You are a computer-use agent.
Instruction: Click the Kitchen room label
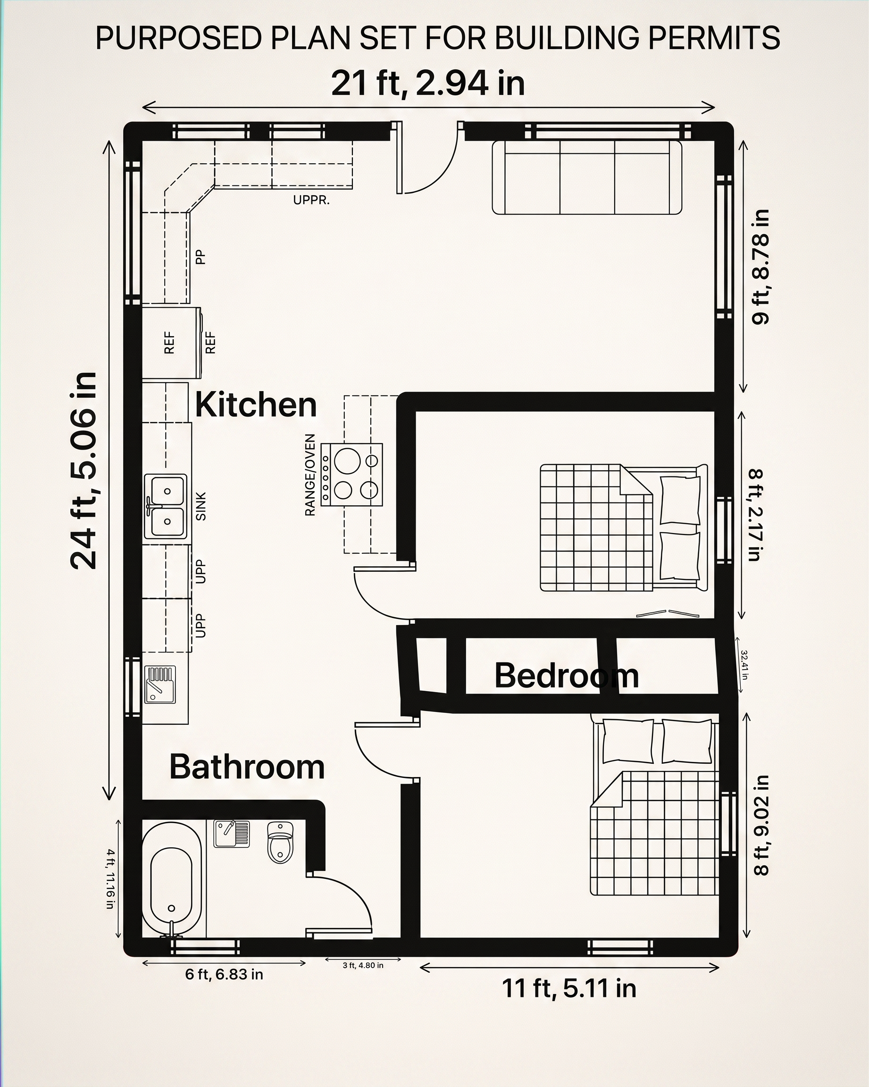(x=256, y=404)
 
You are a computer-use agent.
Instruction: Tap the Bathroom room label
(x=247, y=767)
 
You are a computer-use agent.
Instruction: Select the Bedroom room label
(x=567, y=675)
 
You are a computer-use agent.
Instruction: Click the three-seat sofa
(x=587, y=177)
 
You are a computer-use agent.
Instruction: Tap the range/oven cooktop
(x=351, y=475)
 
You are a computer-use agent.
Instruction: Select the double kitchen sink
(x=165, y=506)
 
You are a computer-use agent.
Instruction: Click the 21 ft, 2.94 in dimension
(x=428, y=83)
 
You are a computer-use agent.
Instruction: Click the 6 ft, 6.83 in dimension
(x=224, y=974)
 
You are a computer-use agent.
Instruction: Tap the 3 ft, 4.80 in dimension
(x=363, y=965)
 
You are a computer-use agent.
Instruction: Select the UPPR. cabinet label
(x=311, y=200)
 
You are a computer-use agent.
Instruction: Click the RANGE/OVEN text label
(x=310, y=475)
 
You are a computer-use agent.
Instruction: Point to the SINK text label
(x=201, y=506)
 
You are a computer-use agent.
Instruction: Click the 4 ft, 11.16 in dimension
(x=110, y=879)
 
